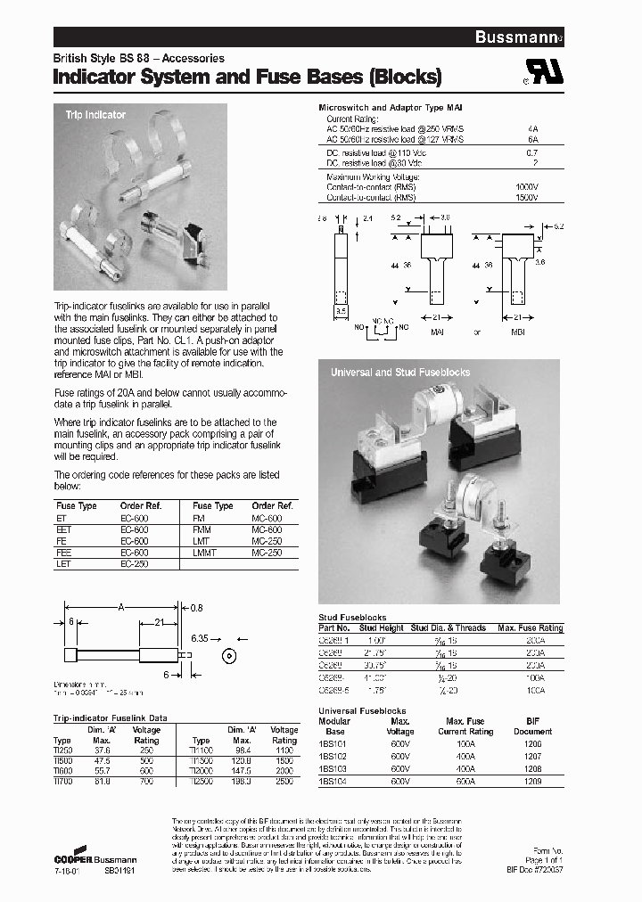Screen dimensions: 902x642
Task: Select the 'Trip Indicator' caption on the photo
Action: pyautogui.click(x=95, y=115)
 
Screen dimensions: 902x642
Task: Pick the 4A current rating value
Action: pyautogui.click(x=533, y=128)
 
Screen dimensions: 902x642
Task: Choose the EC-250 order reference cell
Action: pyautogui.click(x=135, y=564)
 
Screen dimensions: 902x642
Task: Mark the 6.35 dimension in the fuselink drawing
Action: pyautogui.click(x=200, y=638)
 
